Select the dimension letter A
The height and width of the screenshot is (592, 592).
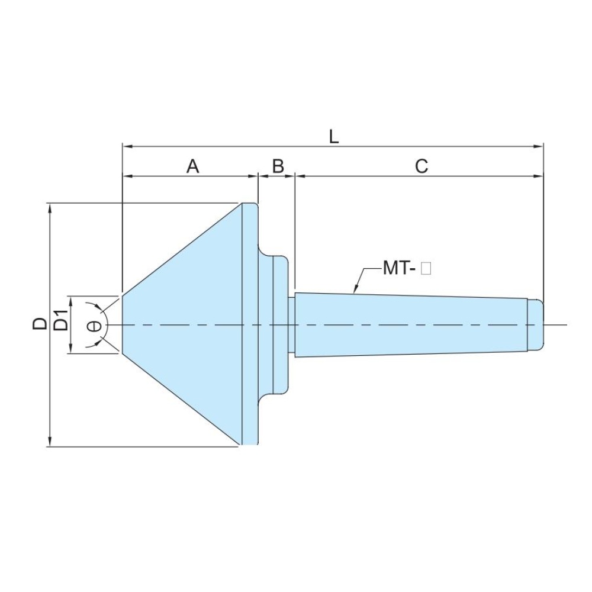[x=193, y=166]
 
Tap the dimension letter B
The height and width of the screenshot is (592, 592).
[x=278, y=166]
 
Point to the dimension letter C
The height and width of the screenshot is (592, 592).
[x=422, y=166]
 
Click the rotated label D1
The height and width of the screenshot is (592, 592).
[x=61, y=320]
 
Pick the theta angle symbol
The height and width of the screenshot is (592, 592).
[x=94, y=326]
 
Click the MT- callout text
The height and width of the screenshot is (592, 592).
[x=400, y=268]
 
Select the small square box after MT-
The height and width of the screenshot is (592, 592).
[x=426, y=269]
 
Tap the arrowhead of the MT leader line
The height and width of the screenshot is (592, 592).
[x=355, y=289]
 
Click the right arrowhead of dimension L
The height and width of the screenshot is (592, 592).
[x=538, y=146]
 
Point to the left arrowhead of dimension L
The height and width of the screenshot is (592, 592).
[x=128, y=146]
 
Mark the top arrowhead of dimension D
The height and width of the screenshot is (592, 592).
[x=50, y=208]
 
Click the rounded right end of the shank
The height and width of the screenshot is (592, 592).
[x=535, y=324]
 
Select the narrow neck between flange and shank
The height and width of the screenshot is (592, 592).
[x=291, y=324]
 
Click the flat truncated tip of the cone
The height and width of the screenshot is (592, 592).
[x=122, y=324]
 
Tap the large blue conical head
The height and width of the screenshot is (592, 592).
[x=182, y=324]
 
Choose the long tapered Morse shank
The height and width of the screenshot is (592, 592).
[x=411, y=324]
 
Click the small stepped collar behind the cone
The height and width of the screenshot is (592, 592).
[x=281, y=324]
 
